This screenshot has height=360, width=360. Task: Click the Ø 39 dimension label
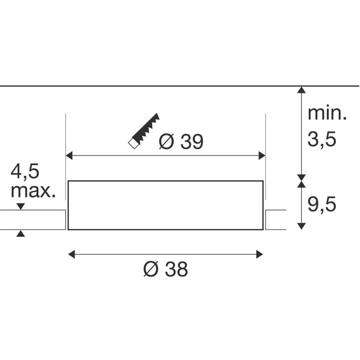pyautogui.click(x=181, y=141)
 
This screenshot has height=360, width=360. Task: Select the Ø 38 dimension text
pyautogui.click(x=166, y=269)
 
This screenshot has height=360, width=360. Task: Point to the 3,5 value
pyautogui.click(x=321, y=139)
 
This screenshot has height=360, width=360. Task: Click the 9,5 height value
pyautogui.click(x=321, y=204)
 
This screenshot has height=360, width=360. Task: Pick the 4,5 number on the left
pyautogui.click(x=25, y=171)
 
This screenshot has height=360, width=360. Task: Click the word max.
pyautogui.click(x=33, y=192)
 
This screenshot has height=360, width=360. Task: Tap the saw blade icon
pyautogui.click(x=144, y=131)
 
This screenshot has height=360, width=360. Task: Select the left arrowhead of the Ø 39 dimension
pyautogui.click(x=69, y=156)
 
